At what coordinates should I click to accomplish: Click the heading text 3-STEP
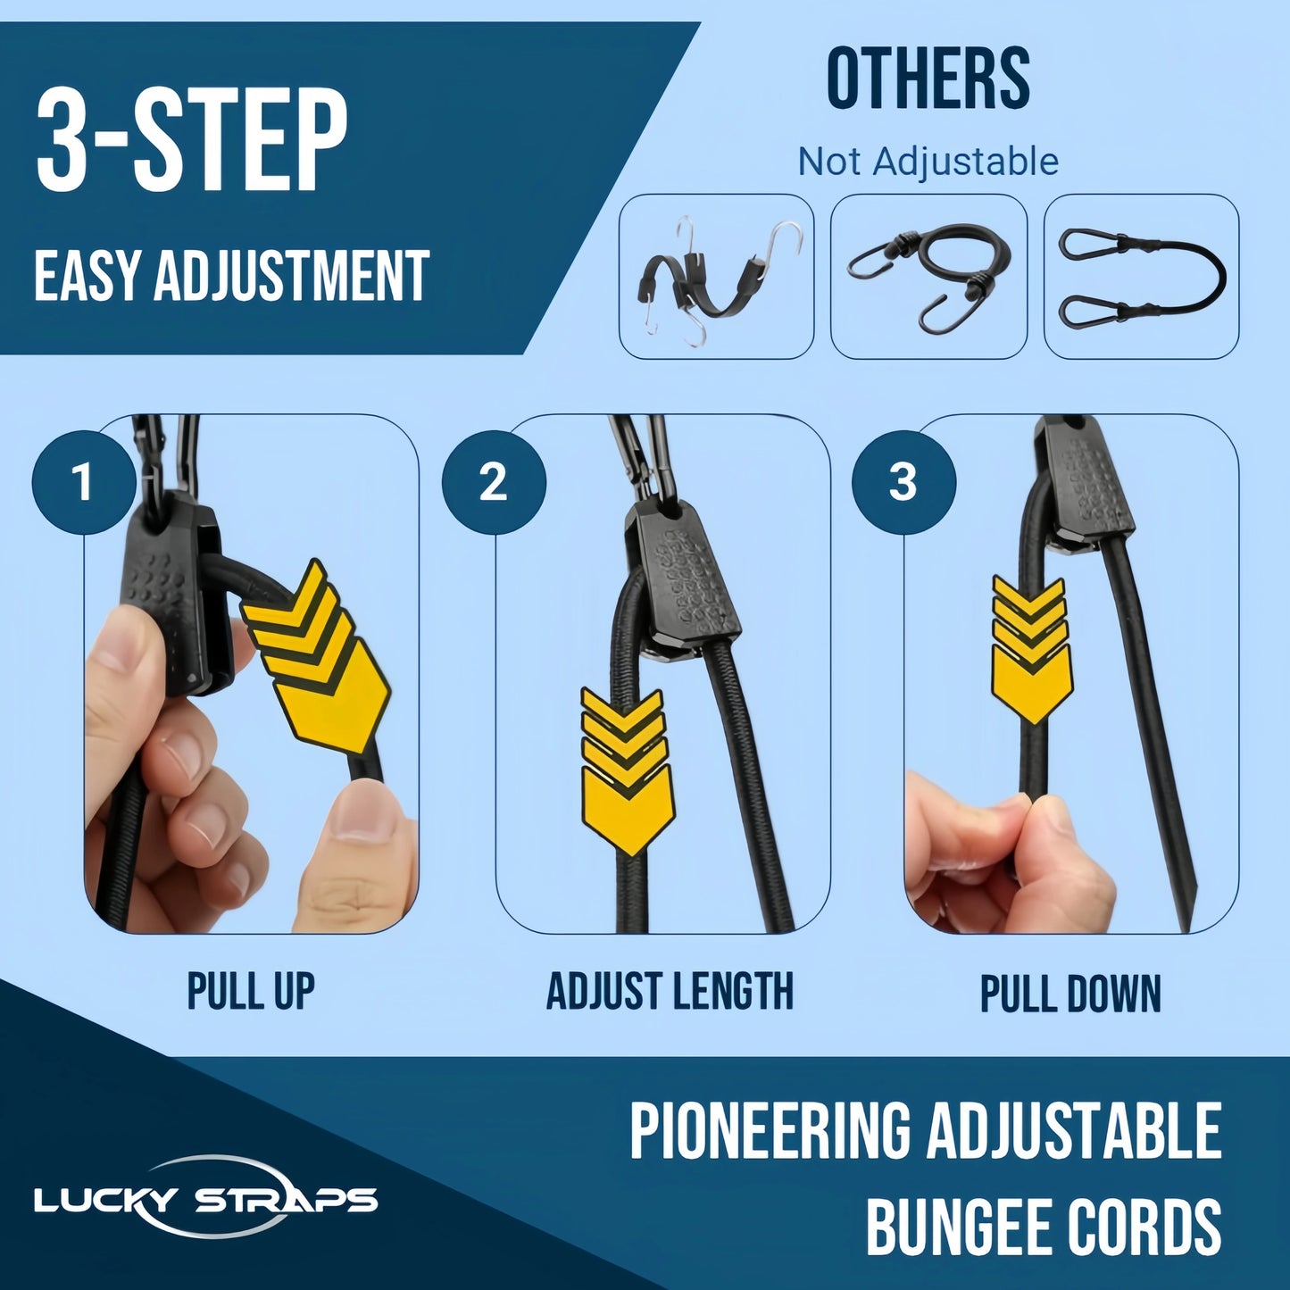[x=191, y=143]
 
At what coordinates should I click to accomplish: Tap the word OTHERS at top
[x=928, y=80]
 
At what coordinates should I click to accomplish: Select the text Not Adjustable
[x=928, y=162]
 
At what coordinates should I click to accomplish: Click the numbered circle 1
[x=83, y=482]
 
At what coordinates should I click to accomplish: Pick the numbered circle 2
[x=493, y=482]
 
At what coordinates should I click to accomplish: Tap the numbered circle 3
[x=903, y=482]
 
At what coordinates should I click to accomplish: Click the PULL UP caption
[x=251, y=992]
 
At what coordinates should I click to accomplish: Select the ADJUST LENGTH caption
[x=670, y=992]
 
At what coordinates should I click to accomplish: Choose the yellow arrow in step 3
[x=1031, y=648]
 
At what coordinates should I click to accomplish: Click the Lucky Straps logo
[x=205, y=1198]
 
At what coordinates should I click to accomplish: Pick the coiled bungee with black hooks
[x=928, y=277]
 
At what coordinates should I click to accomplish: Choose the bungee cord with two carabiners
[x=1141, y=277]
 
